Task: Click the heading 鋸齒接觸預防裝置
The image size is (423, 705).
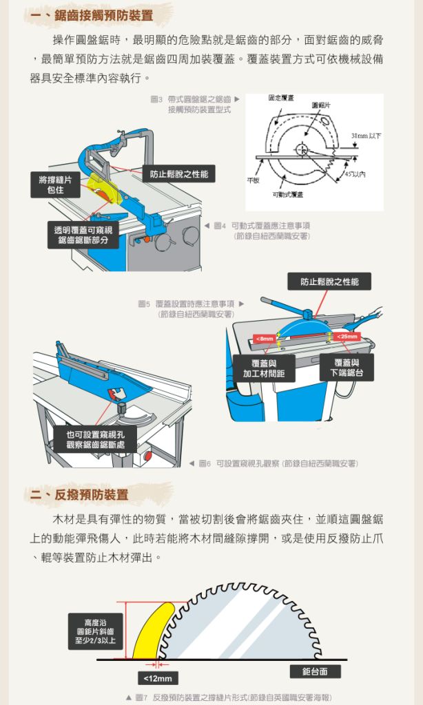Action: pyautogui.click(x=104, y=16)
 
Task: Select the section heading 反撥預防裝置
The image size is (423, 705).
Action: pyautogui.click(x=92, y=494)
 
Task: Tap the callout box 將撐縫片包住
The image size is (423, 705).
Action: pyautogui.click(x=55, y=185)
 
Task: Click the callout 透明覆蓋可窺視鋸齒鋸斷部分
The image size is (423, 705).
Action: pyautogui.click(x=83, y=235)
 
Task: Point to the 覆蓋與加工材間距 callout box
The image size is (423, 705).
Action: pyautogui.click(x=264, y=368)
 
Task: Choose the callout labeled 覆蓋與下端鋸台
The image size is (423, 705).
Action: pyautogui.click(x=347, y=368)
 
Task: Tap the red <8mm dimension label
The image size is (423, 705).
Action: pyautogui.click(x=265, y=338)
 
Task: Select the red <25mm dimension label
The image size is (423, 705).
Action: pyautogui.click(x=347, y=336)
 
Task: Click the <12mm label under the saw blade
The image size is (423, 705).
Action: pyautogui.click(x=158, y=678)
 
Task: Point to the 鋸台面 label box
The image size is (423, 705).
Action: pyautogui.click(x=315, y=672)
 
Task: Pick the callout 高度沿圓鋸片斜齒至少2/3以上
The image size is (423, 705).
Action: pyautogui.click(x=95, y=631)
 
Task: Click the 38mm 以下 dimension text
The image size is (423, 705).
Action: pyautogui.click(x=365, y=136)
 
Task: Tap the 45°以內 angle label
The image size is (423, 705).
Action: pyautogui.click(x=355, y=174)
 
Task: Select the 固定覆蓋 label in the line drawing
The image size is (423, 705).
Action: pyautogui.click(x=281, y=98)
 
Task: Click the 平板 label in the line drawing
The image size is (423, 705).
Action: pyautogui.click(x=253, y=180)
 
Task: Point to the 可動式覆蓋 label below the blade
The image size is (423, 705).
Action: pyautogui.click(x=287, y=194)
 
